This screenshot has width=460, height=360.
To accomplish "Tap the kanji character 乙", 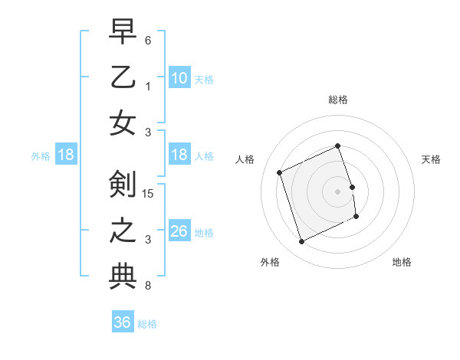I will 123,78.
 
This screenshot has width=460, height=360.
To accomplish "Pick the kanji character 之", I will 123,231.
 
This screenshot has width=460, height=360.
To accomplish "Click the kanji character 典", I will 123,277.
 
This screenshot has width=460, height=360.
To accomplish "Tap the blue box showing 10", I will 179,79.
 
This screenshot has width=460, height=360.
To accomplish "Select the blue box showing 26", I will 179,231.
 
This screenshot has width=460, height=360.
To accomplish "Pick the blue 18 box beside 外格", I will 66,155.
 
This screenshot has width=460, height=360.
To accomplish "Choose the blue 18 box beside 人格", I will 179,155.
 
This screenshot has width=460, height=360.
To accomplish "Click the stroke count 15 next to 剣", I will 149,193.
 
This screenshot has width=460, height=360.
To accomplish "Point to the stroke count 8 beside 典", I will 147,286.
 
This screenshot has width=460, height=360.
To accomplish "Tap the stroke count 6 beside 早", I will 147,39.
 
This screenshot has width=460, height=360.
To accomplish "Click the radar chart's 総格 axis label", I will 337,100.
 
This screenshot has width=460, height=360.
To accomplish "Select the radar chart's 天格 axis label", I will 431,159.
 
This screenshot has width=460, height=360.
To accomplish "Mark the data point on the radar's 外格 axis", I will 301,242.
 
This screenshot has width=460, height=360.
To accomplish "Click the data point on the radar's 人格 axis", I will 280,173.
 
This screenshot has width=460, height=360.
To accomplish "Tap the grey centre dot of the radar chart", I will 337,191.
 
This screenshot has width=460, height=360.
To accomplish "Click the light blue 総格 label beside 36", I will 147,324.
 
